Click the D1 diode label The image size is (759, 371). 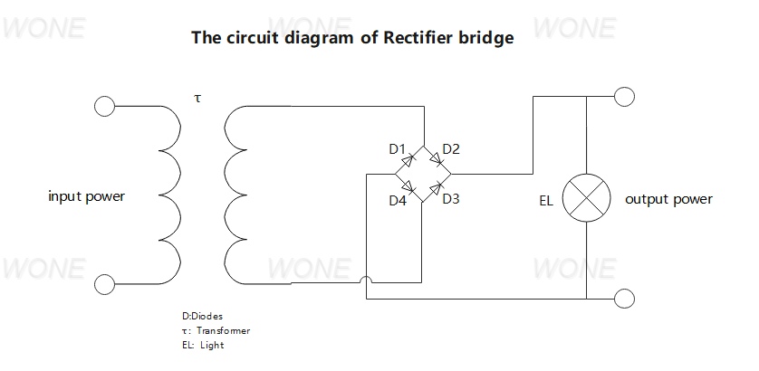[397, 149]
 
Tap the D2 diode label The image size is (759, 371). [451, 149]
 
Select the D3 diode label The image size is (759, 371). [451, 199]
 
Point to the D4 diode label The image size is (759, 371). [398, 200]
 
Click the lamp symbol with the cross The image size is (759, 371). [586, 198]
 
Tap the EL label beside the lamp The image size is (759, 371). [546, 201]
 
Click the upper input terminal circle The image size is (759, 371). [104, 106]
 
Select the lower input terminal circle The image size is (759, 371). [104, 284]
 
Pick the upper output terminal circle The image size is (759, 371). [624, 97]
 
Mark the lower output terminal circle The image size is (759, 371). [624, 299]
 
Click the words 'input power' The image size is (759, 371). [87, 197]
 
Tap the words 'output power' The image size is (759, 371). [669, 199]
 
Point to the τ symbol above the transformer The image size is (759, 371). [197, 99]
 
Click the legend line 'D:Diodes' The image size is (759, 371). [203, 316]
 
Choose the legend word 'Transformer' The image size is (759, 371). [223, 331]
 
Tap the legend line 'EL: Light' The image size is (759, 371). [203, 346]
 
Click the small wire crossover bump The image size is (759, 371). [367, 280]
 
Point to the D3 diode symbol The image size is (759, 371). [437, 187]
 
